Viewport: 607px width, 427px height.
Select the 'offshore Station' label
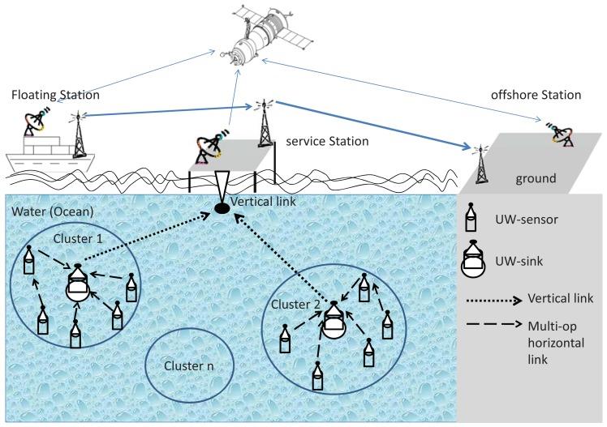pyautogui.click(x=536, y=95)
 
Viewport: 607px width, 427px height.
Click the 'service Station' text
pyautogui.click(x=327, y=141)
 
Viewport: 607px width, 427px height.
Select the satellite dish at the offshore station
pyautogui.click(x=559, y=132)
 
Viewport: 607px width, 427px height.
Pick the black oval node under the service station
pyautogui.click(x=221, y=211)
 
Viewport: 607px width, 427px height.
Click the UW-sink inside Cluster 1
pyautogui.click(x=77, y=284)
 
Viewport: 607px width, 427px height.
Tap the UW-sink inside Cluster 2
pyautogui.click(x=333, y=319)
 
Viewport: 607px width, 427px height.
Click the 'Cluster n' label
pyautogui.click(x=187, y=365)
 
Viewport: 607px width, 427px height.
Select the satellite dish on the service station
pyautogui.click(x=204, y=147)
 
